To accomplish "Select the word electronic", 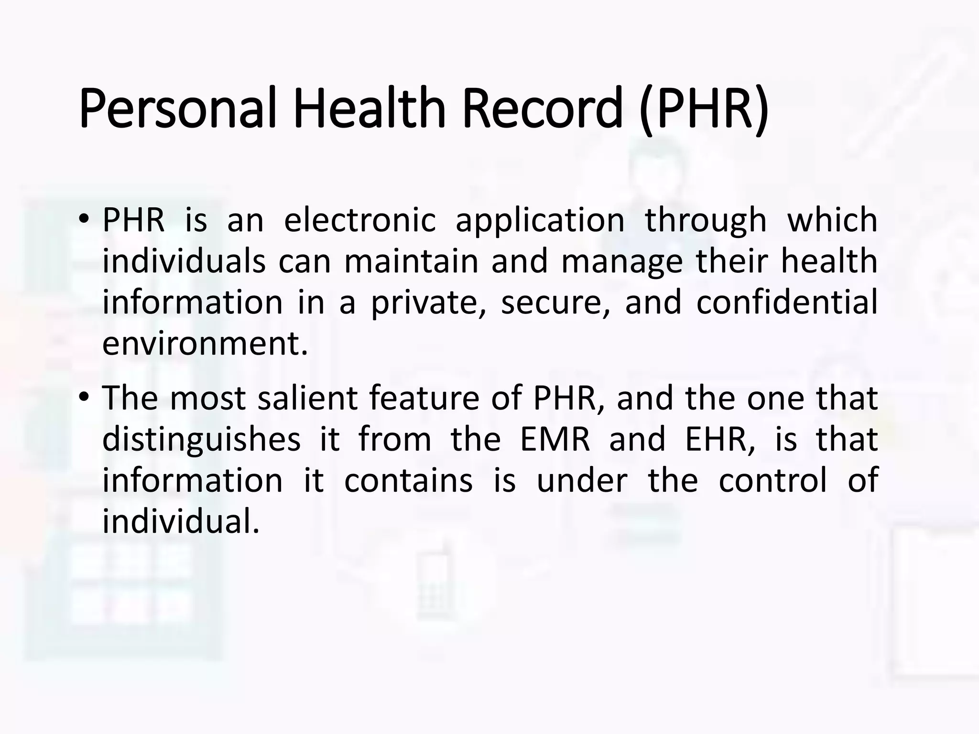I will click(x=359, y=220).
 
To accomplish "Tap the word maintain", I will click(x=411, y=261).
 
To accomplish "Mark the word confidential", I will click(x=786, y=302).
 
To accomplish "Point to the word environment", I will click(x=204, y=344).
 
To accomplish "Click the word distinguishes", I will click(x=201, y=440).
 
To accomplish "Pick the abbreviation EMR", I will click(x=555, y=439).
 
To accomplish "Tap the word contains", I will click(x=408, y=480).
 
